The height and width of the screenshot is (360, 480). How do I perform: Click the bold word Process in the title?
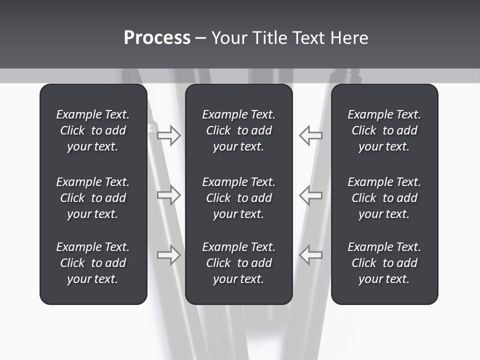coord(157,38)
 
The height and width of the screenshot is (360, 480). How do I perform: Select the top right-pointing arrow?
coord(169,135)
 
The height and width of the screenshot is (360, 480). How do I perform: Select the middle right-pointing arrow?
coord(169,195)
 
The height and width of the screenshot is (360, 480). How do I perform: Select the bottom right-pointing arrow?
coord(169,255)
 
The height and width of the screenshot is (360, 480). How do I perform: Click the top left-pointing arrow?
coord(310,135)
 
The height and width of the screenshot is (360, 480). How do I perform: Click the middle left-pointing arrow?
coord(310,195)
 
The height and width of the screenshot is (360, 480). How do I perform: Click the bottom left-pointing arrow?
coord(310,255)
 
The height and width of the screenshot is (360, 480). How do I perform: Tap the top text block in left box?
coord(93,130)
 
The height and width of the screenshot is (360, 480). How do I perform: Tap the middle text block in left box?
coord(93,198)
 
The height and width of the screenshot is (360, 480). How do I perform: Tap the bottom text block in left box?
coord(93,263)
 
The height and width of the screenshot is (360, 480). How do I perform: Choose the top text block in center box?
coord(238,130)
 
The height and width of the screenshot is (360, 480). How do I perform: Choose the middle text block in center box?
coord(238,198)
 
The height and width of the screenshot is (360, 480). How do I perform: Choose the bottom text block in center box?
coord(238,263)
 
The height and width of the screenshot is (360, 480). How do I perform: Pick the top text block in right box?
coord(384,130)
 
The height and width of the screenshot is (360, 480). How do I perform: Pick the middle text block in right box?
coord(384,198)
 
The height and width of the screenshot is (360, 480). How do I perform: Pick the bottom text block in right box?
coord(384,263)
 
